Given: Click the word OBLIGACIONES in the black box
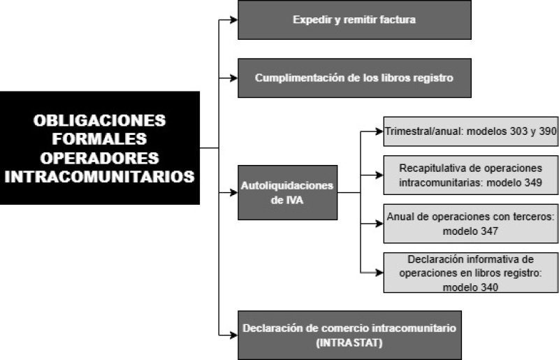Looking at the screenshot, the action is tap(99, 121).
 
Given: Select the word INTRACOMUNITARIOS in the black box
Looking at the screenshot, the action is tap(99, 177).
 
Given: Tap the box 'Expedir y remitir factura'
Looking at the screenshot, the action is tap(354, 20).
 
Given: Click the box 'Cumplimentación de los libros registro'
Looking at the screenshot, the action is tap(354, 78).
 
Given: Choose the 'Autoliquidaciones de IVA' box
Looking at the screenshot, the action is tap(287, 192).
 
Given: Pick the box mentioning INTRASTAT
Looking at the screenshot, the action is tap(349, 335).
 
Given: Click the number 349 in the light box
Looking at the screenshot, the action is tap(533, 182).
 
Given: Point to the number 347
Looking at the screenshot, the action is tap(489, 231).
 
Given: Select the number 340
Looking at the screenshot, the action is tap(489, 287).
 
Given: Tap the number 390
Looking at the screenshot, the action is tap(548, 131).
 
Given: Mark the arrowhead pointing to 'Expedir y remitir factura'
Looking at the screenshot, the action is tap(234, 20).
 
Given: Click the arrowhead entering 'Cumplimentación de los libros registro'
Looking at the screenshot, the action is tap(234, 78).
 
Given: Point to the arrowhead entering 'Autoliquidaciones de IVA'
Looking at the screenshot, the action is tap(234, 193).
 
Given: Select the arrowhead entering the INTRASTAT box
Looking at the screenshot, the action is tap(234, 335).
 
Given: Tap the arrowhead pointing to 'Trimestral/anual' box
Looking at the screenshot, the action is tap(379, 131).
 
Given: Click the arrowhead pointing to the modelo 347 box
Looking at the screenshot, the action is tap(379, 224).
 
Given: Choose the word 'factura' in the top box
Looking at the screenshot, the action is tap(398, 20).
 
